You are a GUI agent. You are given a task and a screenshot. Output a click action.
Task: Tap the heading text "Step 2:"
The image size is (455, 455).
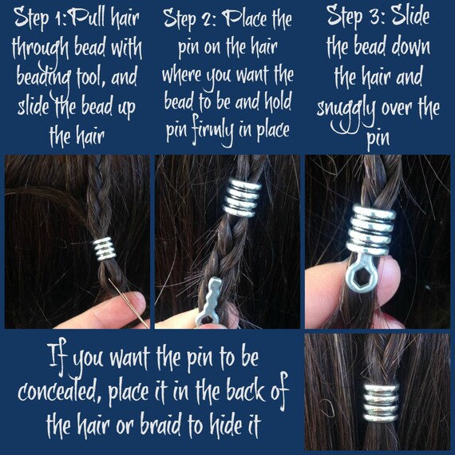(x=191, y=18)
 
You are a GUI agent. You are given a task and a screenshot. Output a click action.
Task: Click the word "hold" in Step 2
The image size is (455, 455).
(x=275, y=104)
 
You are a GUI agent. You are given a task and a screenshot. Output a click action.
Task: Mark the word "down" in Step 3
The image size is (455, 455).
(x=409, y=46)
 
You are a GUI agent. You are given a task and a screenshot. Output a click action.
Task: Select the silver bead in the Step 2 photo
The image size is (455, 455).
(x=240, y=198)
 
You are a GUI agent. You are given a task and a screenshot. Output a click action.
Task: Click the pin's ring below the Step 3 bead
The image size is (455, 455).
(x=356, y=275)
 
